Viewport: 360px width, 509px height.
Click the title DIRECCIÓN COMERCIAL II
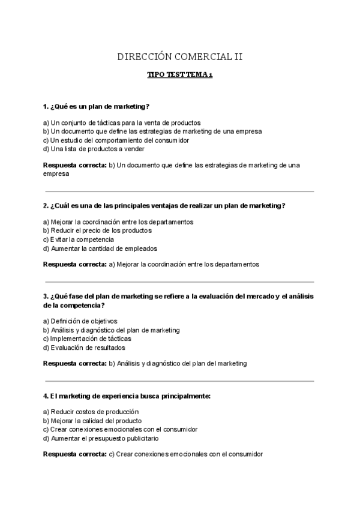[x=180, y=57]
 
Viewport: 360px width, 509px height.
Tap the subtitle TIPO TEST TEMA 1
[x=180, y=76]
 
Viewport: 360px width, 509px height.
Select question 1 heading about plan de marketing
[x=97, y=107]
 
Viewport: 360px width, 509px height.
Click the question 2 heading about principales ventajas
[x=164, y=206]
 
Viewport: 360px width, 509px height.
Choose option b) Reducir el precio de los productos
[x=97, y=230]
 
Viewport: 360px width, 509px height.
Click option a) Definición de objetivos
[x=80, y=321]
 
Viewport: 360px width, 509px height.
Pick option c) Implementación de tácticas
[x=87, y=339]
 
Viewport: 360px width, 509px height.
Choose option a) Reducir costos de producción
[x=91, y=412]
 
